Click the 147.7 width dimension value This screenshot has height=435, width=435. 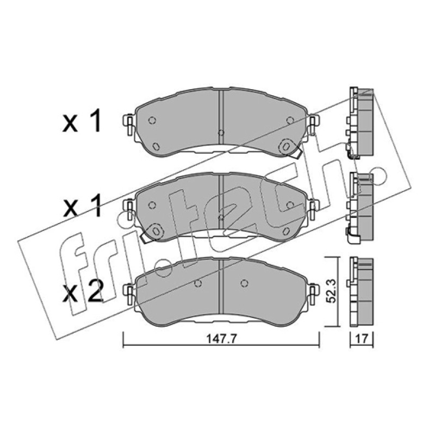coord(221,339)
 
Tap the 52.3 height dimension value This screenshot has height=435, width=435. coord(332,291)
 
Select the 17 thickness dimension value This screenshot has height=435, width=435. coord(362,339)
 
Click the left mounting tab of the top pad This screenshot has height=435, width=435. coord(129,125)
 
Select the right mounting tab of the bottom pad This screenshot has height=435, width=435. coord(313,294)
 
